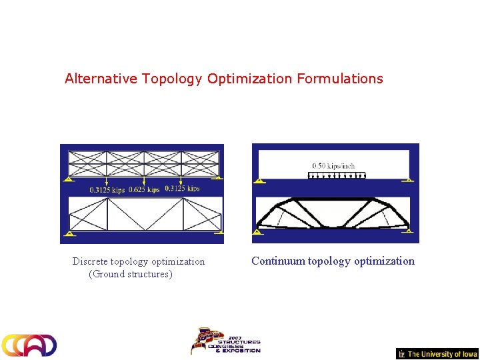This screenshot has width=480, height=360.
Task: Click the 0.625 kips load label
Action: click(x=144, y=189)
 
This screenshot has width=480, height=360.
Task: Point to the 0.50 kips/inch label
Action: click(x=333, y=166)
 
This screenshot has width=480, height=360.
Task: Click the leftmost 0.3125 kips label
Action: click(x=107, y=189)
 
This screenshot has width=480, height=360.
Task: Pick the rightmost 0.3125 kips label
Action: click(x=182, y=189)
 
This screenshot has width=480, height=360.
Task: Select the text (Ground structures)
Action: click(x=131, y=274)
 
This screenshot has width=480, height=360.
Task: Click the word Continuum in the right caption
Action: click(x=278, y=261)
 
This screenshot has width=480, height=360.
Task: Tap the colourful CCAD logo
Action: click(x=29, y=345)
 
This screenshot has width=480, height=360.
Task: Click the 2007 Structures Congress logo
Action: click(x=225, y=341)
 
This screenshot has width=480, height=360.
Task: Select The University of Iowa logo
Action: click(x=437, y=354)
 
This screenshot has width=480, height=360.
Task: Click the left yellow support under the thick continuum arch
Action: click(x=257, y=232)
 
